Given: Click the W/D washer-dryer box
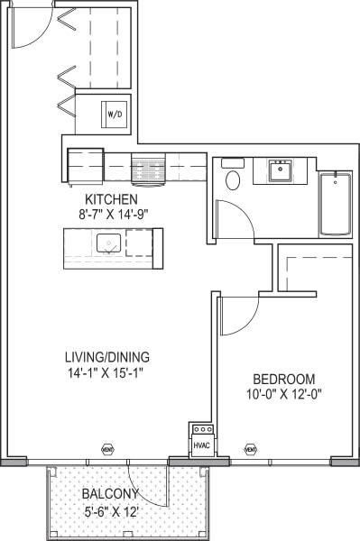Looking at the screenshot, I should tap(115, 115).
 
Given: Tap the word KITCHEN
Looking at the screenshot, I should tap(111, 199).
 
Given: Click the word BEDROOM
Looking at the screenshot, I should tap(283, 378).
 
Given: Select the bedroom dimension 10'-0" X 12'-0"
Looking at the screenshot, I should tap(283, 394).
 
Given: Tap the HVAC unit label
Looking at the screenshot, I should tap(200, 445).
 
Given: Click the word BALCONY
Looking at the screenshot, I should tap(110, 494).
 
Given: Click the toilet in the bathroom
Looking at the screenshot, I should tap(233, 179).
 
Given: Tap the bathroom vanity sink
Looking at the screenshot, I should tap(282, 168).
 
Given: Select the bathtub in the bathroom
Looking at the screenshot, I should tap(338, 203).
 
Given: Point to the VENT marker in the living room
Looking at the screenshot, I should tap(107, 448).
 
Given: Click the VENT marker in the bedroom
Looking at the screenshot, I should tap(251, 448).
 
